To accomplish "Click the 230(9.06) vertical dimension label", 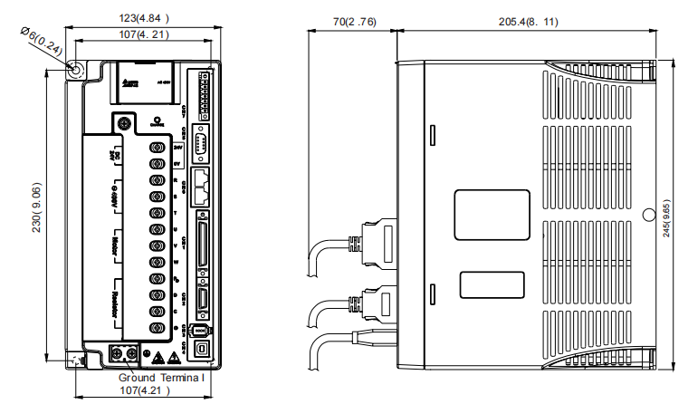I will tap(35, 212).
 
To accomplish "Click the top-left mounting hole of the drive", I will tap(77, 69).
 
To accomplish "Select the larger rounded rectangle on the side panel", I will tap(489, 215).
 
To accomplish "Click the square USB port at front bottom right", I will tap(201, 347).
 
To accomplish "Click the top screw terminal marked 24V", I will tap(157, 147).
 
